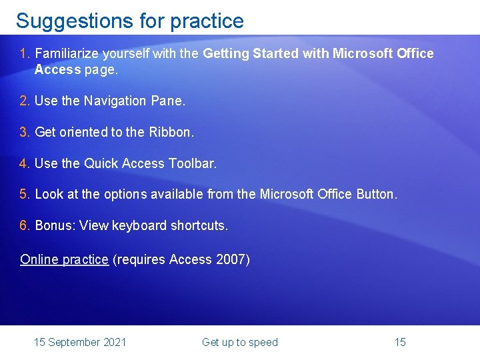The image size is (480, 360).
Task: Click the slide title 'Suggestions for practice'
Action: [130, 21]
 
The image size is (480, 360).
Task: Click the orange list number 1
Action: [25, 53]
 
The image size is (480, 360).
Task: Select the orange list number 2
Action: [25, 101]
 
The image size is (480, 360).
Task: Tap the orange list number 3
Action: [25, 132]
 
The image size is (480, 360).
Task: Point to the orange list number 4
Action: [25, 163]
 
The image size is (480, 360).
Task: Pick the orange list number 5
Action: [25, 194]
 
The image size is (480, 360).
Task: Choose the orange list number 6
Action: [25, 225]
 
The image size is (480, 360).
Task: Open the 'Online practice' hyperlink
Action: [64, 259]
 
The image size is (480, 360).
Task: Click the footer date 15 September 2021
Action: [80, 342]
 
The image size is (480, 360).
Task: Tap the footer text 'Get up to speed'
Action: [240, 342]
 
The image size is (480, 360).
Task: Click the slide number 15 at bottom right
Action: [400, 342]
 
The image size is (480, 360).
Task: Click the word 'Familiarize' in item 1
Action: [66, 53]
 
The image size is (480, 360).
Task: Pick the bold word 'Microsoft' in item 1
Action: [366, 53]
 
